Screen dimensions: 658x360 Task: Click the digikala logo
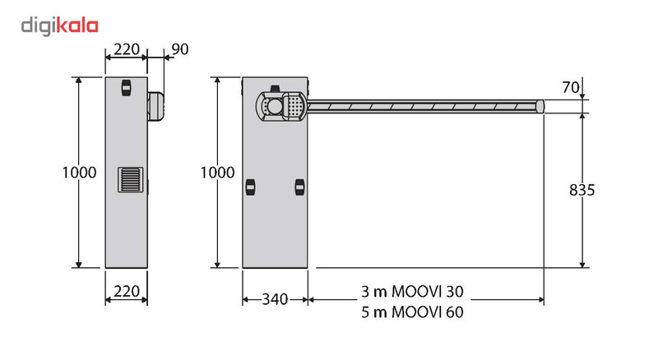[x=59, y=26]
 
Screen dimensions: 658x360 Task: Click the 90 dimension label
[x=180, y=49]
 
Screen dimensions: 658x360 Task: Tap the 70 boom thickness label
[x=571, y=87]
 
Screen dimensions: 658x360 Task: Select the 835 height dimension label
[x=582, y=190]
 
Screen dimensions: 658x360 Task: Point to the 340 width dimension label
[x=275, y=299]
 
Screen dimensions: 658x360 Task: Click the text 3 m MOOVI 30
[x=413, y=291]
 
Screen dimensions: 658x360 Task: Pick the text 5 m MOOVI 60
[x=413, y=312]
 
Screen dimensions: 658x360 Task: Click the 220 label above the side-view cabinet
[x=127, y=49]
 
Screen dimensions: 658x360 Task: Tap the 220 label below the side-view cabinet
[x=127, y=291]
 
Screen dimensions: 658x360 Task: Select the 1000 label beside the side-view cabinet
[x=79, y=173]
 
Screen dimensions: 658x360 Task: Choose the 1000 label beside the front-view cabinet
[x=217, y=173]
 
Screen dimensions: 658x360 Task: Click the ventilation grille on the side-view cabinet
[x=131, y=179]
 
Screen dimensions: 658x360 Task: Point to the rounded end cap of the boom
[x=540, y=106]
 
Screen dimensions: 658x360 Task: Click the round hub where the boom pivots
[x=275, y=106]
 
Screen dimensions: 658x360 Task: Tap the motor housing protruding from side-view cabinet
[x=155, y=106]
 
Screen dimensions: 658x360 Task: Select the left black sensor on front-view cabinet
[x=251, y=187]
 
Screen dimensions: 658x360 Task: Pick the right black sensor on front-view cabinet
[x=299, y=187]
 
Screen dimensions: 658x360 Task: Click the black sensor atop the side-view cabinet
[x=127, y=88]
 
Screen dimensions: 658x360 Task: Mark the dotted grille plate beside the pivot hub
[x=294, y=106]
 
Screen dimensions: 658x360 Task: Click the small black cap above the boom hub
[x=275, y=89]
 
